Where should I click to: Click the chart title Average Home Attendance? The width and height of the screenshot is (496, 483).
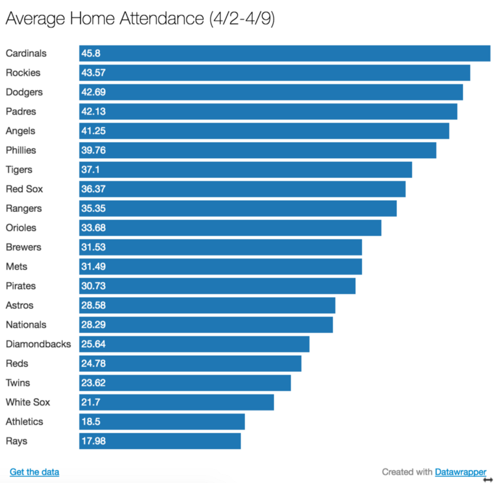[x=140, y=19]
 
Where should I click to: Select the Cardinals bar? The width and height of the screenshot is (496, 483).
[x=285, y=53]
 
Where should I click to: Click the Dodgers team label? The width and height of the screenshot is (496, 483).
[x=24, y=92]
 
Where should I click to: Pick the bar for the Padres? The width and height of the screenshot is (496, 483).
[x=268, y=112]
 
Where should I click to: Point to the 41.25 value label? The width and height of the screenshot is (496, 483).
[x=92, y=131]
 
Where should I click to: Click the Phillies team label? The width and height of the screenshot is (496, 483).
[x=21, y=150]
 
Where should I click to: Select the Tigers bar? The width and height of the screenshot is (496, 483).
[x=246, y=170]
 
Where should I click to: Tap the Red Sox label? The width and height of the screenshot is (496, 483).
[x=24, y=189]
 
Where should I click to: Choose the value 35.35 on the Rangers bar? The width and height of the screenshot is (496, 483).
[x=92, y=208]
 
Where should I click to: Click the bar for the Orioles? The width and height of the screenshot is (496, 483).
[x=230, y=228]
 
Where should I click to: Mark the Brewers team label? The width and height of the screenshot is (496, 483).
[x=24, y=247]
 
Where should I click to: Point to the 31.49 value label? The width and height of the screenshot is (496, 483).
[x=92, y=267]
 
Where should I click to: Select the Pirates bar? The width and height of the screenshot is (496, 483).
[x=217, y=286]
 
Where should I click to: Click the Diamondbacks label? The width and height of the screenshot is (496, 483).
[x=38, y=344]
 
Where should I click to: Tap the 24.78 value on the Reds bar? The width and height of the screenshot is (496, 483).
[x=92, y=363]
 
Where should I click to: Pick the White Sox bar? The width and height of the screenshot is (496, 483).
[x=177, y=402]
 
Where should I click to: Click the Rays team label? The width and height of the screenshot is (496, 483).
[x=17, y=441]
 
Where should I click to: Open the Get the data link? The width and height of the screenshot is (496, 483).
[x=35, y=472]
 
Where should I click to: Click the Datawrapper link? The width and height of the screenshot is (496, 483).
[x=461, y=472]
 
